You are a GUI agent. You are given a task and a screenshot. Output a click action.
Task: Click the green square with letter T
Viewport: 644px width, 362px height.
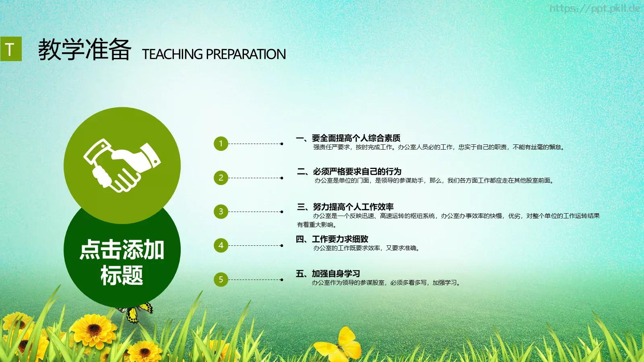11,49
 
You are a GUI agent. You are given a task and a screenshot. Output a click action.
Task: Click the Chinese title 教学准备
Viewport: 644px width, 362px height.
85,50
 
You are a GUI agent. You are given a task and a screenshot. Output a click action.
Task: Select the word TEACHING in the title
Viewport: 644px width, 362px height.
172,54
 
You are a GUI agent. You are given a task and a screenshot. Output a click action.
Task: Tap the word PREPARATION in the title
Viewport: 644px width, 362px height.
246,54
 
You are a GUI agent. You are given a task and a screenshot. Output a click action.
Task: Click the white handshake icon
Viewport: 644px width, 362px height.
122,165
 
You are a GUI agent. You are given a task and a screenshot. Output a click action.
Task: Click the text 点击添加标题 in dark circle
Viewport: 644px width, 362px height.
122,262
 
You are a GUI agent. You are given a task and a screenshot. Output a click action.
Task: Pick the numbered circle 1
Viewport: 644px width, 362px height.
221,144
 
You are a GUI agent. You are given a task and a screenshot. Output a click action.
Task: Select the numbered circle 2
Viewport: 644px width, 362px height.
221,178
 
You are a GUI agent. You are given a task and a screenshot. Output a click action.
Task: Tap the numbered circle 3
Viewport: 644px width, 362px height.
221,212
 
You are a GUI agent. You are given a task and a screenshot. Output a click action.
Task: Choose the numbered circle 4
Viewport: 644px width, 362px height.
221,245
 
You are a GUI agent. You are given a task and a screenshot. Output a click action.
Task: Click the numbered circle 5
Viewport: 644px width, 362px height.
221,280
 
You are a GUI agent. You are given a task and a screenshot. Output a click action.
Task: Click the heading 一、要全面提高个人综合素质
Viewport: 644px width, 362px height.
348,138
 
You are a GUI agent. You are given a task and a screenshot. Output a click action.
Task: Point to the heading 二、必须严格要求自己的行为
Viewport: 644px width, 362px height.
349,172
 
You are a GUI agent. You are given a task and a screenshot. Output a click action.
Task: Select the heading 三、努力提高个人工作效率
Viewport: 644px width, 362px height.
345,207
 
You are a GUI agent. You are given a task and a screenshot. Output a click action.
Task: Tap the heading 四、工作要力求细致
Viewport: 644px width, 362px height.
332,239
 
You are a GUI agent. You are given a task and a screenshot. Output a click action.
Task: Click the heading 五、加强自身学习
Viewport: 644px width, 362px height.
328,274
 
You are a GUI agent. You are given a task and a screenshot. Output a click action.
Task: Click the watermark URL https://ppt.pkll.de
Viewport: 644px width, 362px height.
594,8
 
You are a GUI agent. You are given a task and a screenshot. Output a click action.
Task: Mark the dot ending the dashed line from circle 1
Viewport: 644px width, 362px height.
282,144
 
